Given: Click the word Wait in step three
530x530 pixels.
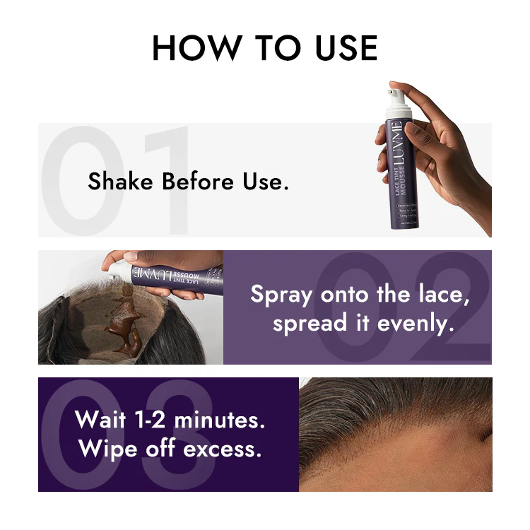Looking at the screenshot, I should [100, 420].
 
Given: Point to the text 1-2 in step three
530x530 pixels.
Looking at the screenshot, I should [149, 420].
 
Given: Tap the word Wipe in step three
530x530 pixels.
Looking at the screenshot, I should [105, 449].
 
